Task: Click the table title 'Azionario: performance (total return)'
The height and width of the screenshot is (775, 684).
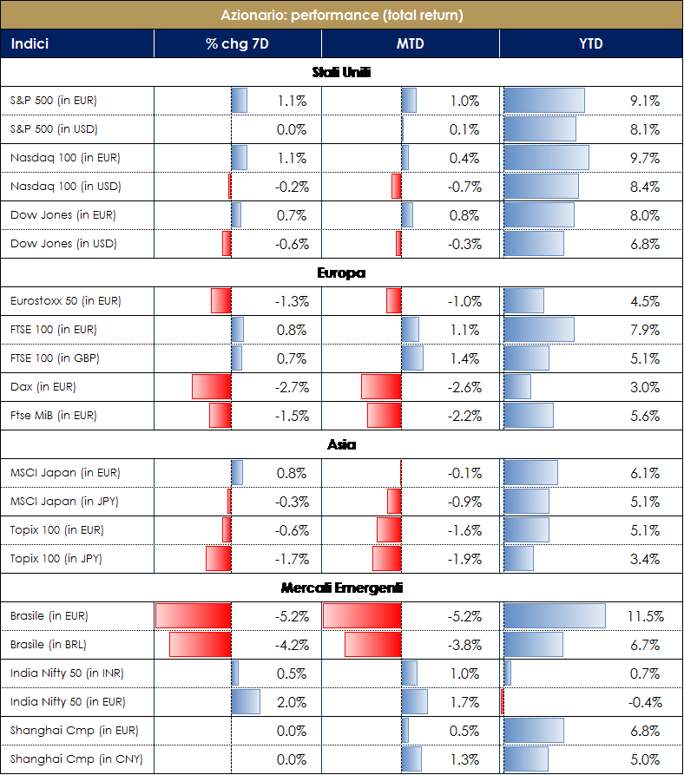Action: pyautogui.click(x=342, y=15)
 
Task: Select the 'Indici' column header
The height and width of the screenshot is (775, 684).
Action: pyautogui.click(x=30, y=43)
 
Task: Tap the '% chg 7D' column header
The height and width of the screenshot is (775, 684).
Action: pyautogui.click(x=237, y=43)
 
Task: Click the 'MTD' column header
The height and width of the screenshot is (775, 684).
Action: pyautogui.click(x=411, y=43)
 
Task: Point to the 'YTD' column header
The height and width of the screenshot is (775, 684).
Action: pyautogui.click(x=591, y=43)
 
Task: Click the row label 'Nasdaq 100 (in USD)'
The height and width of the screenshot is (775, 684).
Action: pyautogui.click(x=65, y=187)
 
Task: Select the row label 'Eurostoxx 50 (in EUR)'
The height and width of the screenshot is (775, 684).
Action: pyautogui.click(x=65, y=301)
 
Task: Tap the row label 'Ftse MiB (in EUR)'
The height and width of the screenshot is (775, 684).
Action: pyautogui.click(x=54, y=416)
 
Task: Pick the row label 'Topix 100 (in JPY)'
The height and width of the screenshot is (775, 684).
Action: pyautogui.click(x=56, y=559)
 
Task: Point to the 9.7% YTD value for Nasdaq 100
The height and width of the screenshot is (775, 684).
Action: pyautogui.click(x=645, y=158)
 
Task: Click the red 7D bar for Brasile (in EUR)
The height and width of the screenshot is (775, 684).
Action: pyautogui.click(x=193, y=616)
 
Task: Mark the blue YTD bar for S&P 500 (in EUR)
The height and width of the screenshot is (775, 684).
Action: pyautogui.click(x=543, y=101)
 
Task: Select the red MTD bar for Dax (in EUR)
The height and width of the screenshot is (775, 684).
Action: pyautogui.click(x=380, y=387)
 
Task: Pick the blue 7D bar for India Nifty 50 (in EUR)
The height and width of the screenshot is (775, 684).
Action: pyautogui.click(x=246, y=702)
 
